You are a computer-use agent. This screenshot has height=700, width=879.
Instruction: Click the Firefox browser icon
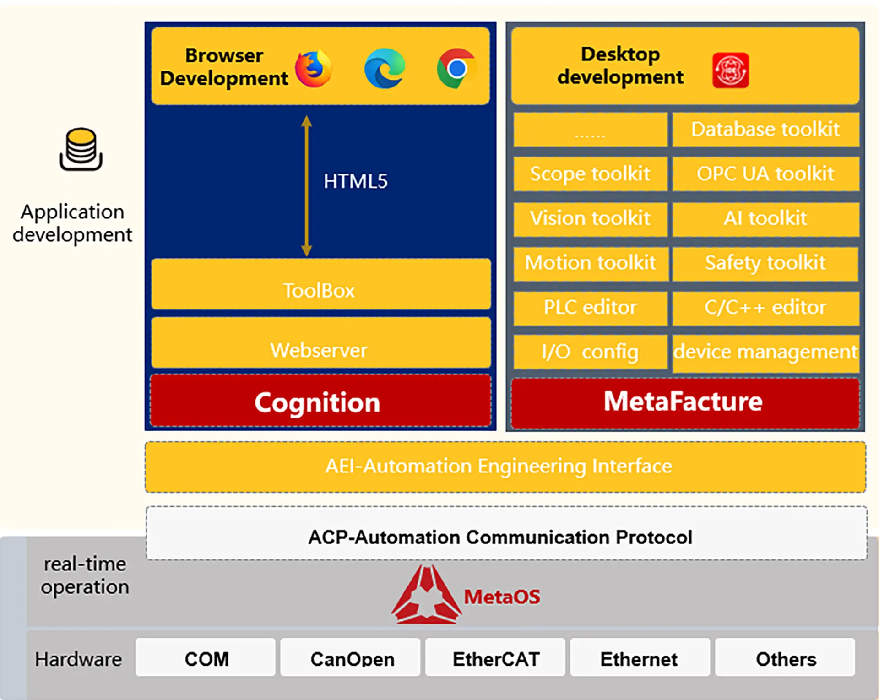[x=313, y=69]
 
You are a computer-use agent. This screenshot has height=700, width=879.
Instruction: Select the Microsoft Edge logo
[x=385, y=68]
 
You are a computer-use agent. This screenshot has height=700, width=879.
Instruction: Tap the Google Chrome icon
[x=456, y=68]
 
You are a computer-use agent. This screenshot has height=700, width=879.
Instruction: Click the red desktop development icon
[x=730, y=71]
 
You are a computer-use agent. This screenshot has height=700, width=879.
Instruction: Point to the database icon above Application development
[x=81, y=149]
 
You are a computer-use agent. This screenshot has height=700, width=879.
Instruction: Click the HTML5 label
[x=355, y=181]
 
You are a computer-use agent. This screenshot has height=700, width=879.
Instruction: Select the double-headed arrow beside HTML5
[x=307, y=186]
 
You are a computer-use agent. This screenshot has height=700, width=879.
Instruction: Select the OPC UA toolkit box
[x=765, y=174]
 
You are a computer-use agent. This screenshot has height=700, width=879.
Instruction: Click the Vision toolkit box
[x=590, y=218]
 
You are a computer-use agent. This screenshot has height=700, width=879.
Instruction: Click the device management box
[x=765, y=352]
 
